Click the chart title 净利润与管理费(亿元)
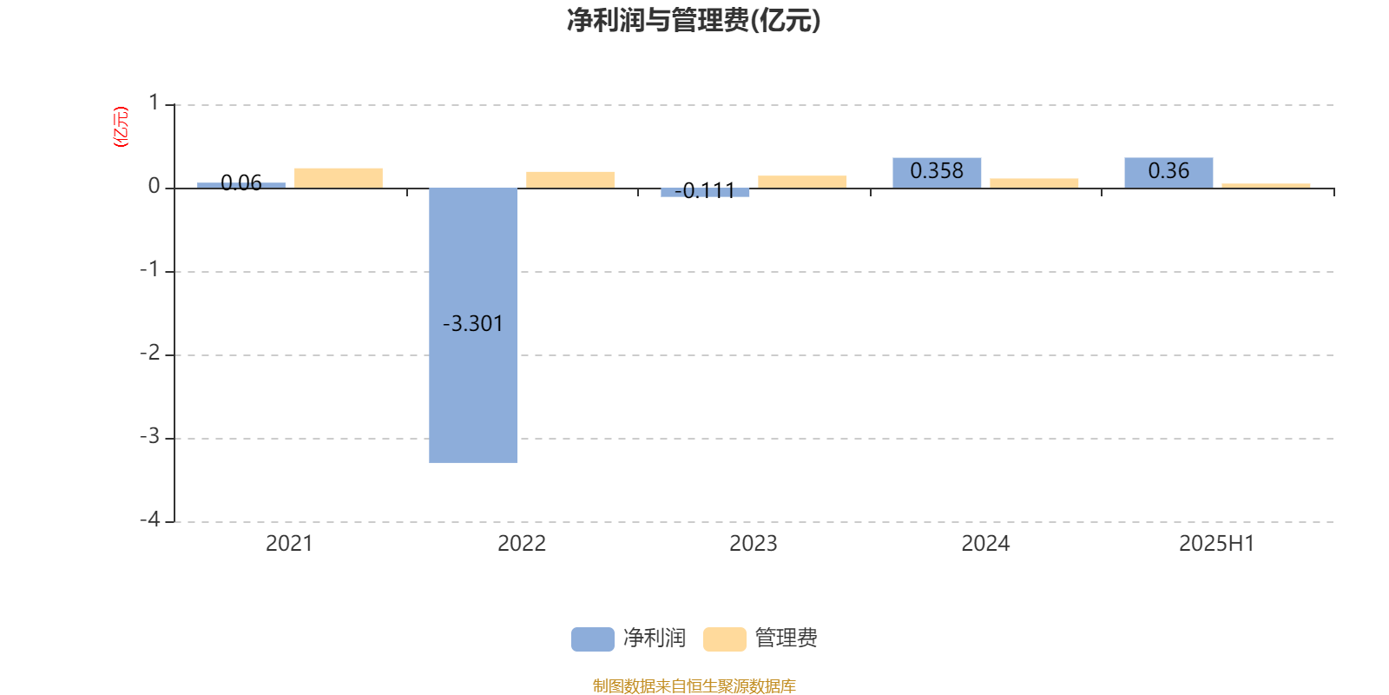[x=694, y=20]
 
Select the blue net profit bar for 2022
[x=473, y=325]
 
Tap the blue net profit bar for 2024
[x=937, y=173]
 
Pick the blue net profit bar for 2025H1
[x=1168, y=173]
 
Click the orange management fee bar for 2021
[x=339, y=178]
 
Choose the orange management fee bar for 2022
[x=570, y=180]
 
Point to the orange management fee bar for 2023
[x=802, y=182]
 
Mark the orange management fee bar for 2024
[x=1034, y=183]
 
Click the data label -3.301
[x=472, y=324]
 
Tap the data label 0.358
[x=937, y=170]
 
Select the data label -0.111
[x=704, y=190]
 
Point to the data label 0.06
[x=241, y=183]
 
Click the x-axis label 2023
[x=754, y=544]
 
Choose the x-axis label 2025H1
[x=1216, y=544]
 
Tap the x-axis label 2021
[x=290, y=544]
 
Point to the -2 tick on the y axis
[x=150, y=353]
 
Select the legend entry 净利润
[x=629, y=639]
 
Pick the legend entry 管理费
[x=760, y=639]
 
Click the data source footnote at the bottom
[x=694, y=685]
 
